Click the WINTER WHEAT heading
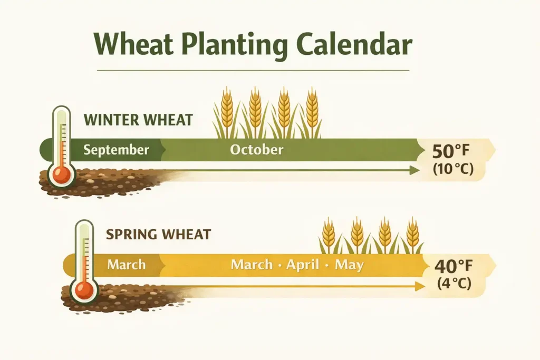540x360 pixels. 138,120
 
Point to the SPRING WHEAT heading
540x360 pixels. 158,234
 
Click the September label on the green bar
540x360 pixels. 116,150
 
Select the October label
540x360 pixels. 256,150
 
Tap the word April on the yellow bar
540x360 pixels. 303,264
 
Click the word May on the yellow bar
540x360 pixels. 349,265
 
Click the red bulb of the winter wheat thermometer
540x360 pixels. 62,175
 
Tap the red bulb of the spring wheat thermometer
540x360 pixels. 84,289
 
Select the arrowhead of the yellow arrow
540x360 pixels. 420,286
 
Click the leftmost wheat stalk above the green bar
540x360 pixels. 227,111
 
